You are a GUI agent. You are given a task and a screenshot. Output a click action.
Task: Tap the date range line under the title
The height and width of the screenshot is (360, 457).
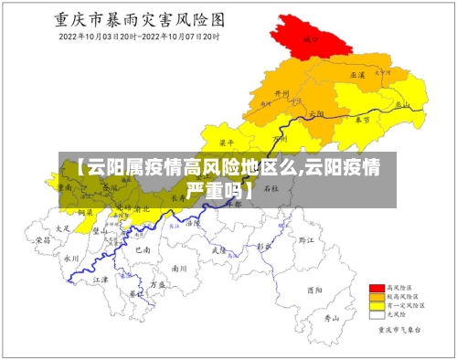pyautogui.click(x=139, y=37)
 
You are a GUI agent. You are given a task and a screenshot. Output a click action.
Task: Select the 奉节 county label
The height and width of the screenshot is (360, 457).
pyautogui.click(x=362, y=120)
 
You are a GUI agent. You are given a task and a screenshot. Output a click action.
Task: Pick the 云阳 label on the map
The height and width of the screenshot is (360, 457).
pyautogui.click(x=316, y=113)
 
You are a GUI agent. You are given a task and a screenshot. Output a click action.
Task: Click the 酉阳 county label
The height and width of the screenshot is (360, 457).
pyautogui.click(x=315, y=290)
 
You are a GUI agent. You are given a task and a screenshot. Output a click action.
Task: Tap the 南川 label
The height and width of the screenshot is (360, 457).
pyautogui.click(x=179, y=269)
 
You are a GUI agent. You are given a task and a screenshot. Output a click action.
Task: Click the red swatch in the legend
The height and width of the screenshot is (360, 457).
pyautogui.click(x=374, y=287)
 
